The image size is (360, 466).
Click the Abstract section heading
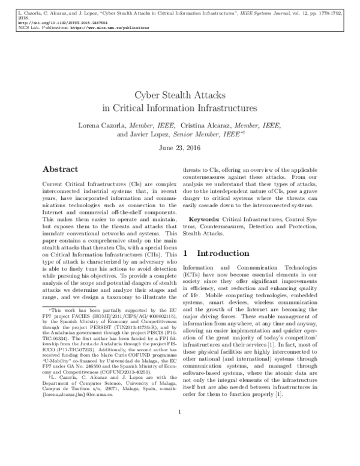(x=65, y=169)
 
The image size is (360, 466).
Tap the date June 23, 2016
(x=180, y=147)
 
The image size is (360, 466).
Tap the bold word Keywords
(x=205, y=220)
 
